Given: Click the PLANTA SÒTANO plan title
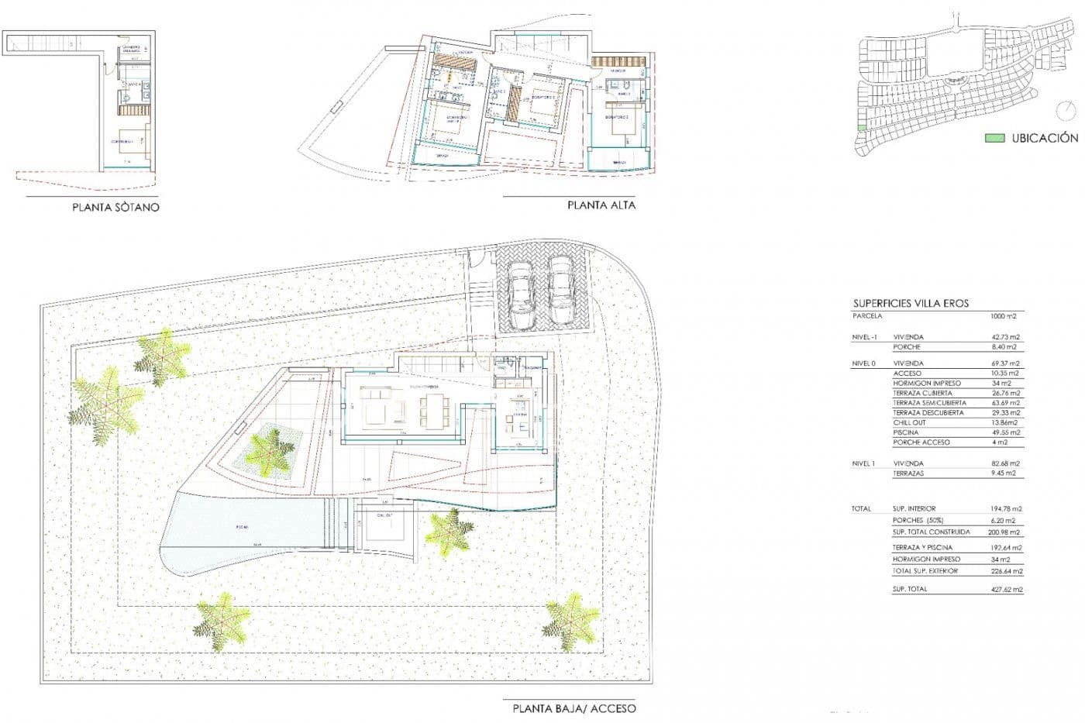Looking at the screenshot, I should (x=115, y=207).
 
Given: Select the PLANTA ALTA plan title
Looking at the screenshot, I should (x=601, y=205).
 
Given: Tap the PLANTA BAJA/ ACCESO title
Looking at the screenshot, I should (x=573, y=708).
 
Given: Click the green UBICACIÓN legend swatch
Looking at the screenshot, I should (x=994, y=138).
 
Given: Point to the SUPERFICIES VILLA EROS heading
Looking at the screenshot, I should (x=911, y=304).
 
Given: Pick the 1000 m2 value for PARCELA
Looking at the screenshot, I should (x=1003, y=316).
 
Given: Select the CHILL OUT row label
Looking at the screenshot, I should (x=909, y=422).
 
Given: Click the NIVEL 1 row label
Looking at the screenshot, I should (x=864, y=463).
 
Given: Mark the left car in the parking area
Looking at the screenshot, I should (x=522, y=293).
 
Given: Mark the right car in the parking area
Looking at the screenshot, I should (x=560, y=289).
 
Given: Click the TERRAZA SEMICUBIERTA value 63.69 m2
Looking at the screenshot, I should (x=1005, y=403).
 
